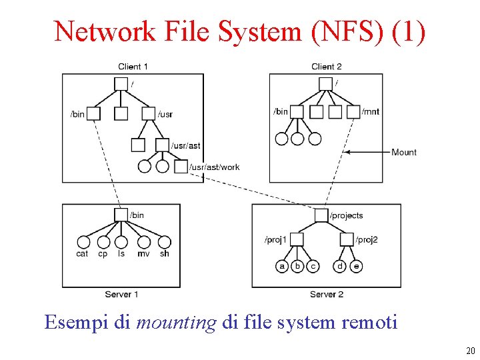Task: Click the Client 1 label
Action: (133, 66)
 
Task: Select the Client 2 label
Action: (327, 66)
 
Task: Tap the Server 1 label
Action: (121, 294)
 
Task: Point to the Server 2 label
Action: (327, 294)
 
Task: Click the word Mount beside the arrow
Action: (404, 152)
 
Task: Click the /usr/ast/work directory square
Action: (181, 167)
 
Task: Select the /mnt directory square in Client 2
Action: (353, 112)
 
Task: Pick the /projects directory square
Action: (321, 215)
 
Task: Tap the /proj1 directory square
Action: (297, 239)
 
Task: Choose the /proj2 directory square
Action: (347, 239)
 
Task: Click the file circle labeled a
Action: (282, 266)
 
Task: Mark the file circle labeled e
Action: (357, 266)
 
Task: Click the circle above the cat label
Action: (83, 242)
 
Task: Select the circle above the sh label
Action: (164, 242)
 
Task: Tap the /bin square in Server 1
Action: (121, 215)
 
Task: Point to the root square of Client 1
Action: (121, 83)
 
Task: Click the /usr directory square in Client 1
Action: (148, 113)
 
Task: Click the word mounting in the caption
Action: (176, 323)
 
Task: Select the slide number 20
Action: (471, 351)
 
